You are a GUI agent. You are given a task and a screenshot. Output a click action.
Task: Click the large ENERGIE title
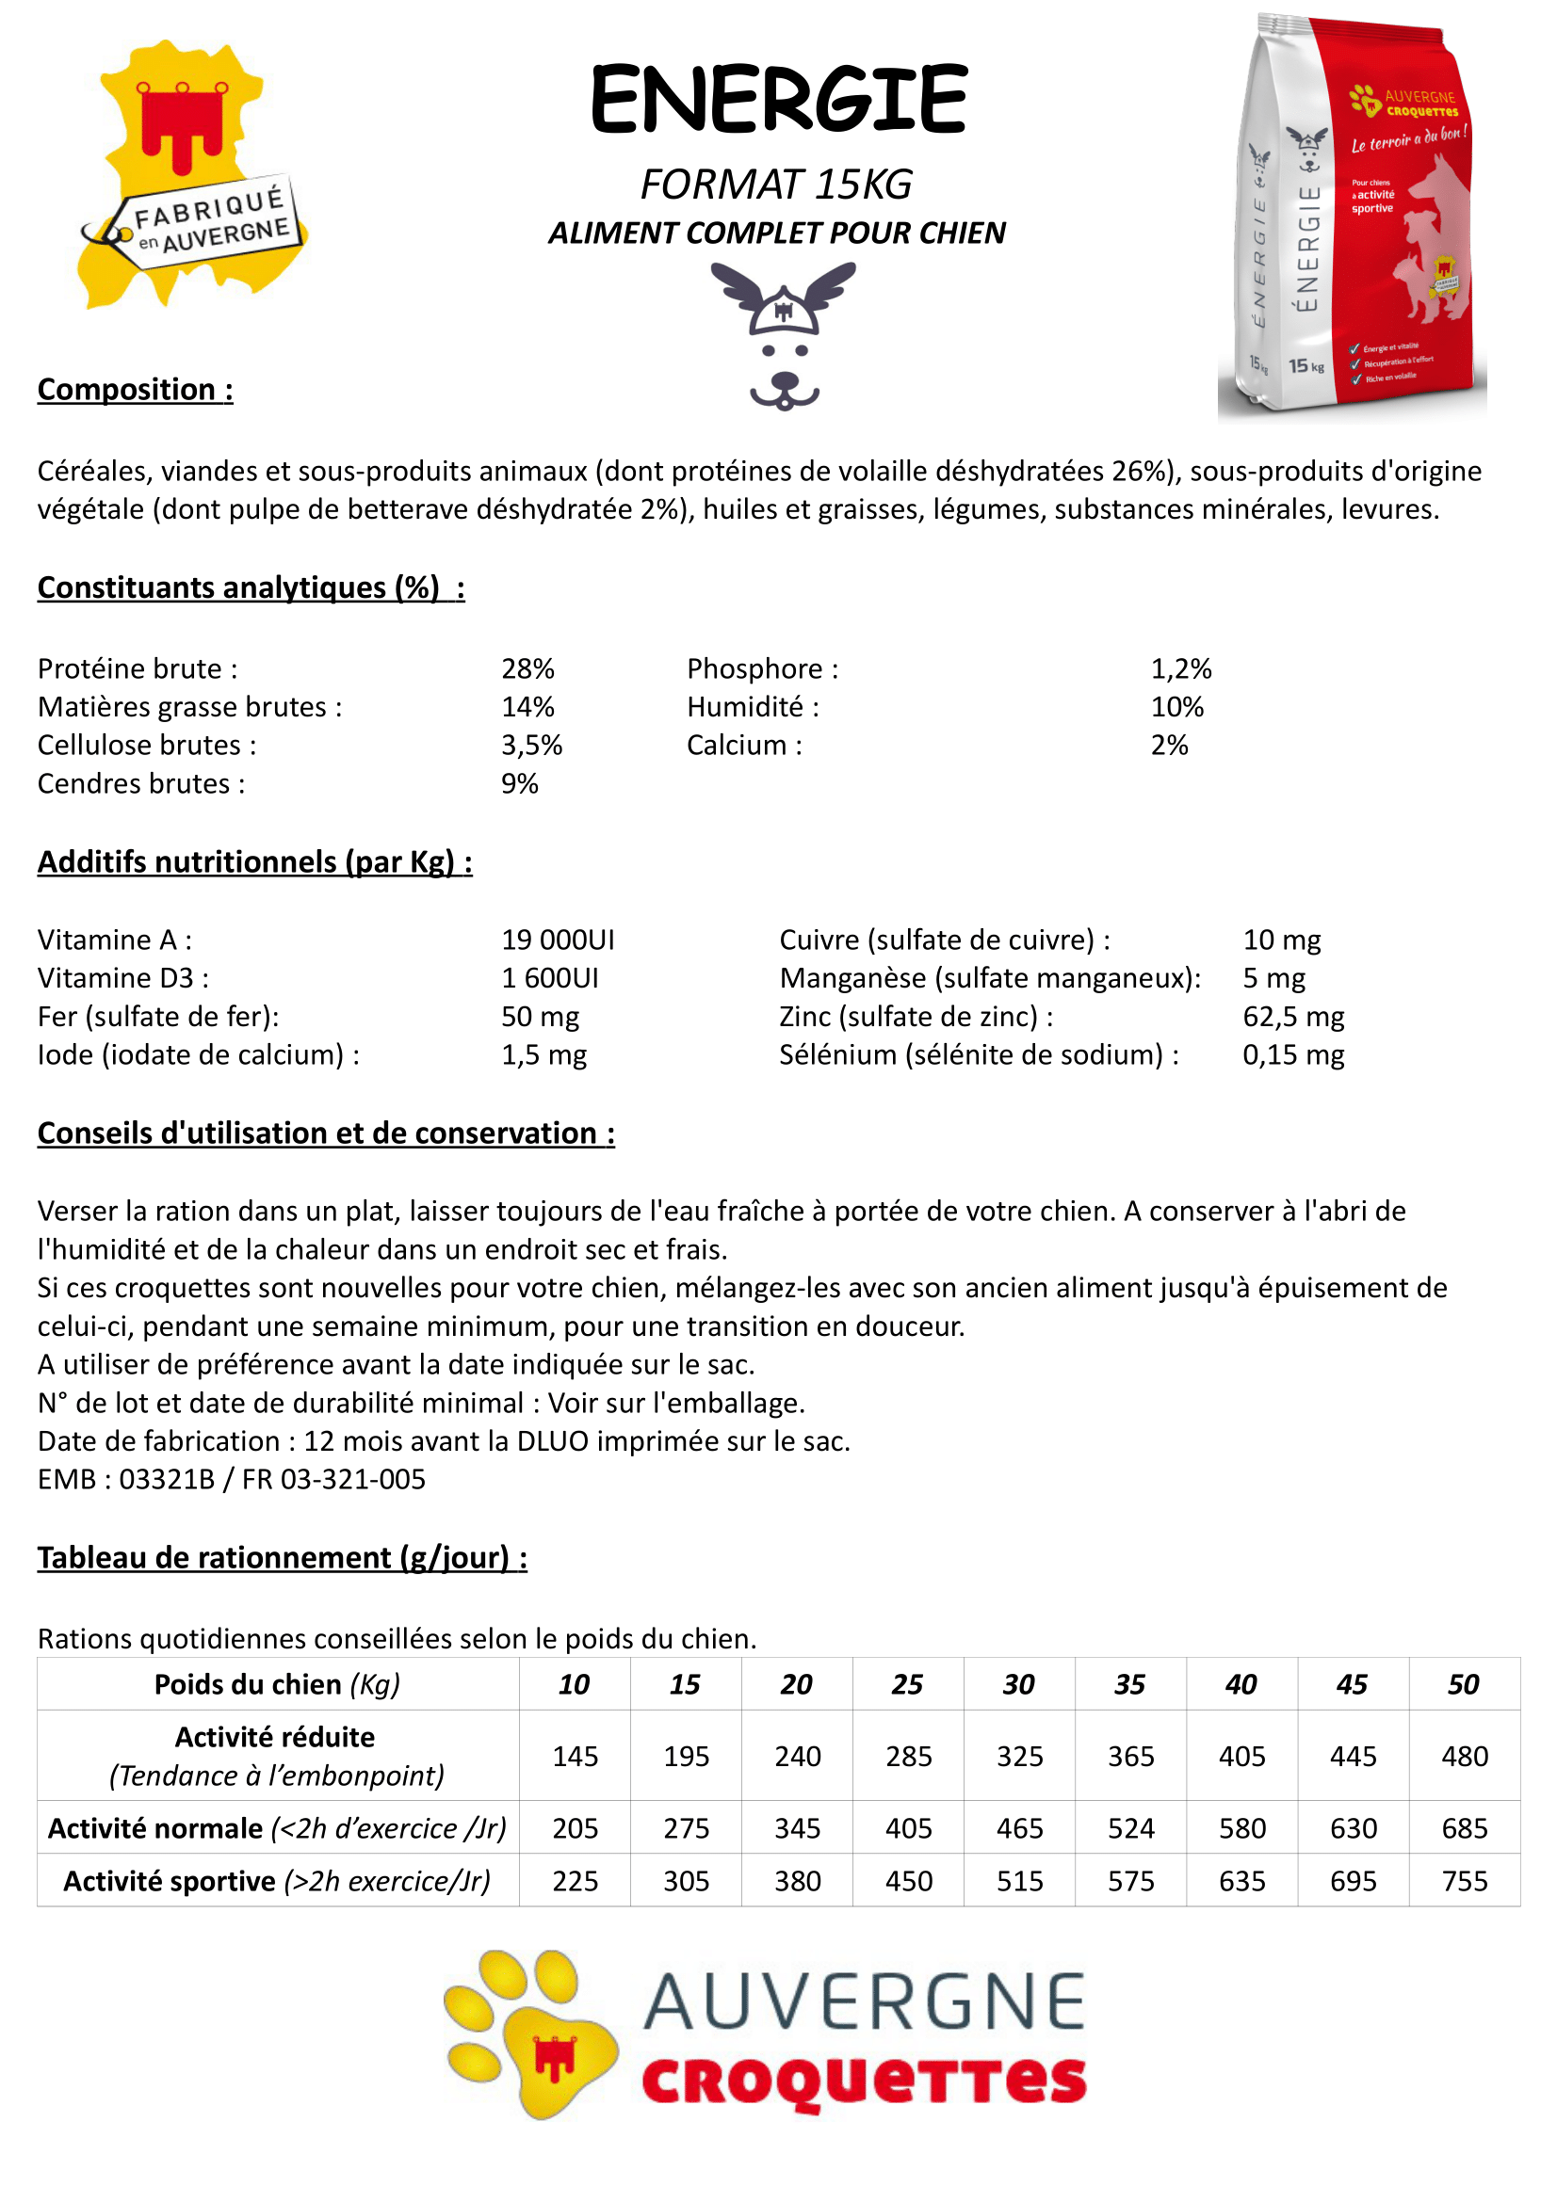pyautogui.click(x=778, y=99)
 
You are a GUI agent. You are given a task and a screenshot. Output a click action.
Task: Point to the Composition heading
pyautogui.click(x=135, y=390)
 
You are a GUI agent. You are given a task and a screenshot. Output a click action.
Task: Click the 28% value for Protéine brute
pyautogui.click(x=527, y=668)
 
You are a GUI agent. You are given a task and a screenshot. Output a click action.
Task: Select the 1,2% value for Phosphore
pyautogui.click(x=1181, y=668)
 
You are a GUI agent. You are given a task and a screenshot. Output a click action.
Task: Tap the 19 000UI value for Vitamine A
pyautogui.click(x=558, y=940)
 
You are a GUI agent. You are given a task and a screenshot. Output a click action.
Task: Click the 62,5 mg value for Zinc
pyautogui.click(x=1293, y=1017)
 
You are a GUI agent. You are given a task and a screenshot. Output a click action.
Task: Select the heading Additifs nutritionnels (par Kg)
pyautogui.click(x=254, y=862)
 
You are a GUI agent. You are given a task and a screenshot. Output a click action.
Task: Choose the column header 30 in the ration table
pyautogui.click(x=1019, y=1684)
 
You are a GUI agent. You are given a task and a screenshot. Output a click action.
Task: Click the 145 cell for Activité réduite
pyautogui.click(x=575, y=1756)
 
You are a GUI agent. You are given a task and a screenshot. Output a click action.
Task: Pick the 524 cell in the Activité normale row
pyautogui.click(x=1130, y=1828)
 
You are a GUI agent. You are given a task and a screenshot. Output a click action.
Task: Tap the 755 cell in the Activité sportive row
pyautogui.click(x=1464, y=1881)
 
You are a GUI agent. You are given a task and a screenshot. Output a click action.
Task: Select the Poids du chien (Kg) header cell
pyautogui.click(x=277, y=1684)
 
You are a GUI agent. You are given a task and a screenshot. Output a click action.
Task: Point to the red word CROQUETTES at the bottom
pyautogui.click(x=864, y=2081)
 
